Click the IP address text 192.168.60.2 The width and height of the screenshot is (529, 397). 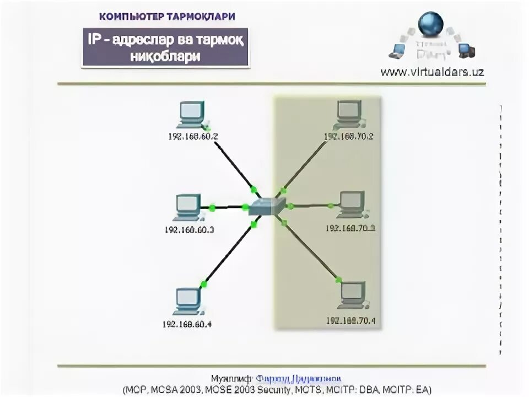[193, 136]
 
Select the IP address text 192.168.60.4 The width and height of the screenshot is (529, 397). [187, 324]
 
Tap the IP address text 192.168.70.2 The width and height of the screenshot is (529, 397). [348, 136]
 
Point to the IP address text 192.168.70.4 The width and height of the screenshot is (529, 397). [350, 320]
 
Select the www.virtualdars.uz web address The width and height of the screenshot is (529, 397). [432, 72]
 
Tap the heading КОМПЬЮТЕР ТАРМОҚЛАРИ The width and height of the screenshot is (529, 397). [167, 16]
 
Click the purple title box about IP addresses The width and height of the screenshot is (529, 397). [166, 48]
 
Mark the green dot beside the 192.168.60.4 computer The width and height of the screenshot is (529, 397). [203, 285]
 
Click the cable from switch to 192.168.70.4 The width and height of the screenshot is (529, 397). [310, 249]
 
